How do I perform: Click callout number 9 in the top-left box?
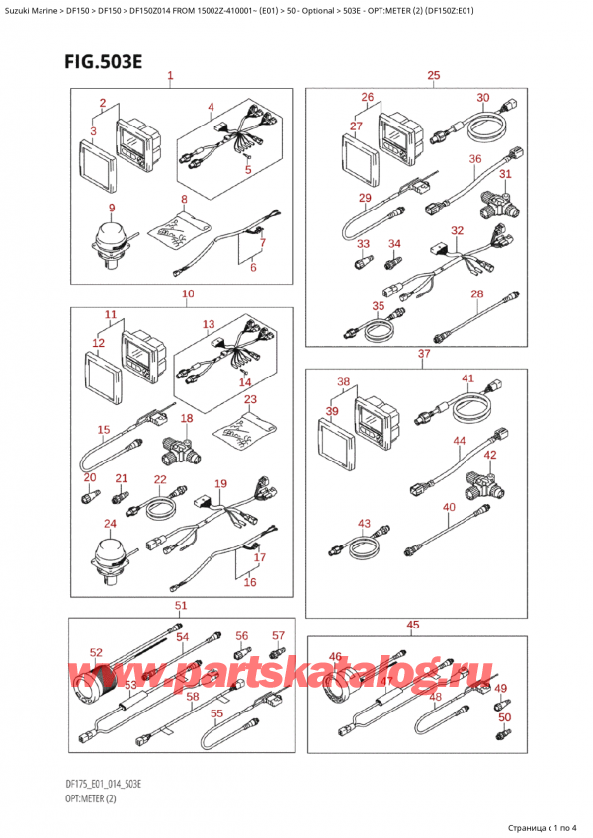pyautogui.click(x=112, y=208)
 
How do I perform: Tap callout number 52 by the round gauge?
pyautogui.click(x=96, y=652)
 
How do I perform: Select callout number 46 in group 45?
pyautogui.click(x=335, y=656)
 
